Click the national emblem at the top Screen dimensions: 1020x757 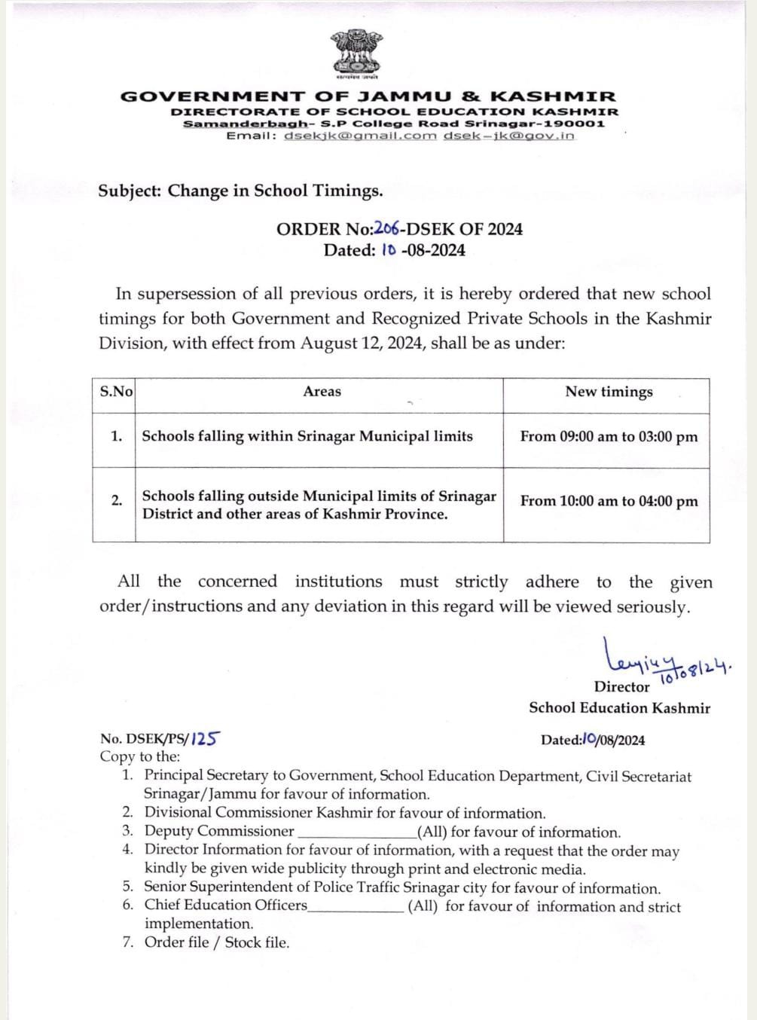[357, 53]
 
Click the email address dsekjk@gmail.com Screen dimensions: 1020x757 [360, 136]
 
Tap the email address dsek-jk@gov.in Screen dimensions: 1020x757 [508, 136]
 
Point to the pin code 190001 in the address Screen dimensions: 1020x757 [576, 124]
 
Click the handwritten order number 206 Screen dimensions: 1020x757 [386, 229]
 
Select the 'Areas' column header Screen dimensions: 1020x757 [322, 391]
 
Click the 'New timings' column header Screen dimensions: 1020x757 [609, 392]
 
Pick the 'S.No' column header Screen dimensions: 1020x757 [116, 391]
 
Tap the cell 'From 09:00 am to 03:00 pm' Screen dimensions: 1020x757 [609, 437]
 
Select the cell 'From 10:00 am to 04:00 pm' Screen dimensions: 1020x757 [609, 502]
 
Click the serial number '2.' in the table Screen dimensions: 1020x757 [117, 500]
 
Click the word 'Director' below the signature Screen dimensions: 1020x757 [621, 687]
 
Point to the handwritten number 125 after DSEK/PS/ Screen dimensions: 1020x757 [205, 739]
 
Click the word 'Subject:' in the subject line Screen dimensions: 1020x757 [130, 191]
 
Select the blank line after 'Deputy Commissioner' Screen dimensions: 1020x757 [357, 833]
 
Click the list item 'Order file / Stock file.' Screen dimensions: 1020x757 [217, 942]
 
